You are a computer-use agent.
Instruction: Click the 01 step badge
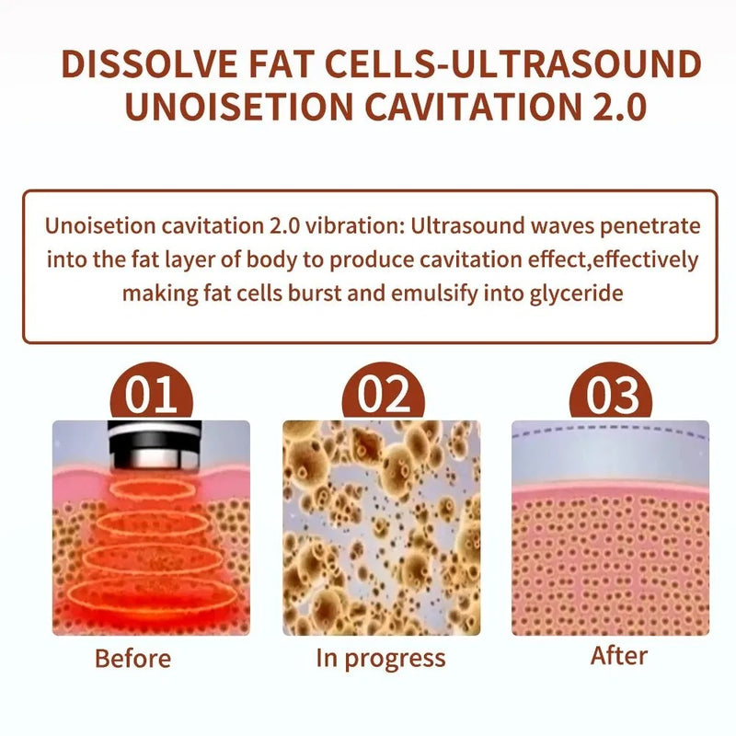click(x=152, y=397)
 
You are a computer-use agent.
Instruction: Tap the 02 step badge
click(x=384, y=397)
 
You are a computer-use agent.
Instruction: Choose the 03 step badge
click(x=612, y=397)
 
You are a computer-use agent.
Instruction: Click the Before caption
click(x=132, y=659)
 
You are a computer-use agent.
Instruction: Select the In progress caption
click(x=380, y=659)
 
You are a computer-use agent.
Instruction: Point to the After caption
click(x=618, y=656)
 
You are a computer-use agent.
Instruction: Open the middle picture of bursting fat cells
click(x=381, y=527)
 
